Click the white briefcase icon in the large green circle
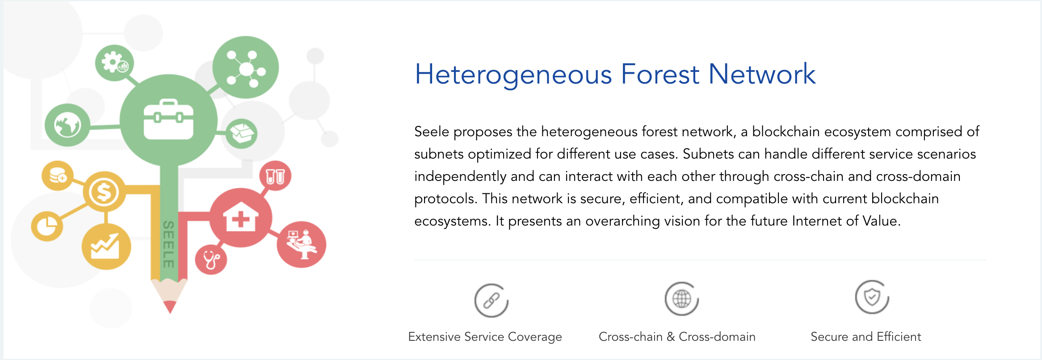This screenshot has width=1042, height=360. [168, 119]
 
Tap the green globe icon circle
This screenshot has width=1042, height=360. [67, 125]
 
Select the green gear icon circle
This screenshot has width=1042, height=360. [114, 63]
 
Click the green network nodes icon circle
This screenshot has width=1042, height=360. [245, 67]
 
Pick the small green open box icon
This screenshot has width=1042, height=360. [241, 133]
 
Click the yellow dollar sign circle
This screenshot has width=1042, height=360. [104, 192]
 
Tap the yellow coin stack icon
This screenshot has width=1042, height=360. [58, 175]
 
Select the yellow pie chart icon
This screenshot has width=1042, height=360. [47, 226]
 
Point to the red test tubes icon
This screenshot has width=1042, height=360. [275, 176]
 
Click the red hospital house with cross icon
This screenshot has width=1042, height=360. [241, 217]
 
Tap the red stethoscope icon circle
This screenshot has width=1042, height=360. [211, 260]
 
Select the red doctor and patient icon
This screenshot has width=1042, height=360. [302, 244]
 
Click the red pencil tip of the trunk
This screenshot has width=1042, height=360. [170, 306]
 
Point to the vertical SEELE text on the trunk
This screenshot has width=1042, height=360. [168, 244]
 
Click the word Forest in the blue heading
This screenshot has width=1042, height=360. [660, 74]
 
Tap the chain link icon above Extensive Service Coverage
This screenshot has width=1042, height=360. [491, 301]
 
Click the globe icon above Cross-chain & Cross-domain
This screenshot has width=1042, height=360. [682, 298]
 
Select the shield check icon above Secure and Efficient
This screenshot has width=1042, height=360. [872, 297]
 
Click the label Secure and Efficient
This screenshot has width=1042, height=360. [866, 336]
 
